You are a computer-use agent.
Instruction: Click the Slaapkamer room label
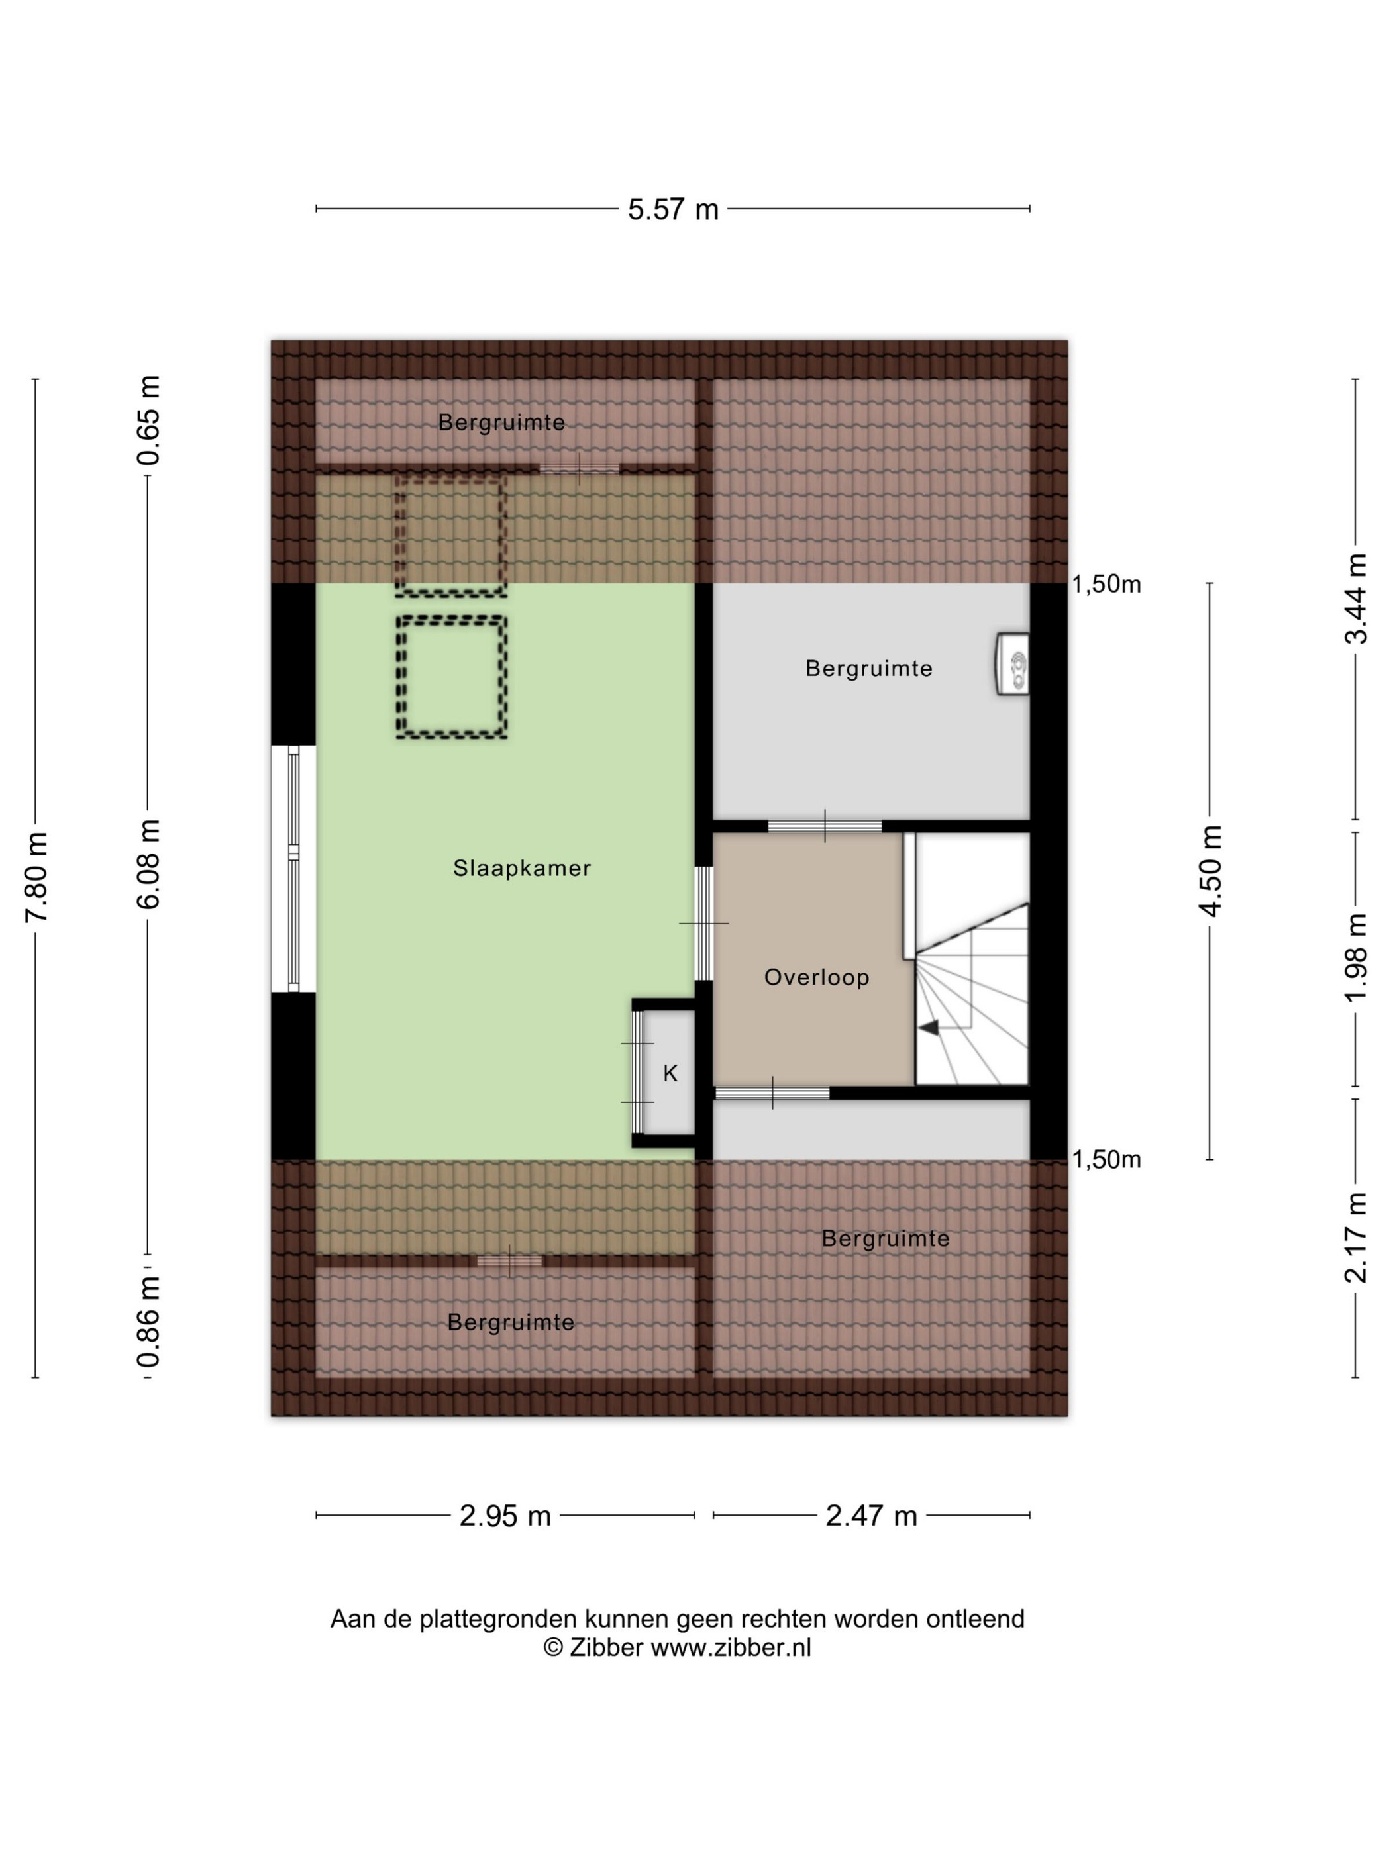[521, 867]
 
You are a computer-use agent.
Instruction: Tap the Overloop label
[816, 977]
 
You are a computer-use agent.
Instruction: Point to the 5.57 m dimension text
[673, 209]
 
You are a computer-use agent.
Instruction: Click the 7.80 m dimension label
[37, 877]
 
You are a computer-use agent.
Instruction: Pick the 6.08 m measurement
[149, 864]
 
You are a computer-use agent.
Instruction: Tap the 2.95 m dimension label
[505, 1516]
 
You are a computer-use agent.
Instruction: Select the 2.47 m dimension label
[871, 1516]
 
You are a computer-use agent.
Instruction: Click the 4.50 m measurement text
[1211, 870]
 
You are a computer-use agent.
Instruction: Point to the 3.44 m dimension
[1356, 599]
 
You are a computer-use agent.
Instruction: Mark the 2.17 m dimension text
[1356, 1237]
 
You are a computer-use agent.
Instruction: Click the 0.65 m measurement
[149, 420]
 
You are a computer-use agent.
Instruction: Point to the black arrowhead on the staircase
[928, 1028]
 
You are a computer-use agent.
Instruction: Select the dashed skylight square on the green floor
[452, 677]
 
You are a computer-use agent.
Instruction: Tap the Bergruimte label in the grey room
[868, 668]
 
